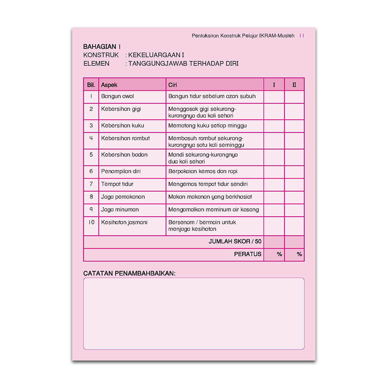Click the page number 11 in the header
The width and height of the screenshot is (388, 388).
tap(302, 36)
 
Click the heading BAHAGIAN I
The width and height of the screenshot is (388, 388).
tap(102, 47)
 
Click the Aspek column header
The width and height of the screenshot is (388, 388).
tap(109, 85)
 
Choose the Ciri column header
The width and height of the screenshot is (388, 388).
tap(173, 85)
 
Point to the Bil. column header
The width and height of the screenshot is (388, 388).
tap(91, 85)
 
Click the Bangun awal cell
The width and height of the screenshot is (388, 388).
tap(117, 96)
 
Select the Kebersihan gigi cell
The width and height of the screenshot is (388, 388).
tap(121, 109)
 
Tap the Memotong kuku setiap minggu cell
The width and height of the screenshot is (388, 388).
tap(208, 126)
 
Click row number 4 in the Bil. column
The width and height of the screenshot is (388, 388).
tap(91, 138)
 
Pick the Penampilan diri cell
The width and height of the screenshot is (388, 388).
tap(121, 171)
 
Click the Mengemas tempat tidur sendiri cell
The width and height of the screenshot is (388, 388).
tap(208, 184)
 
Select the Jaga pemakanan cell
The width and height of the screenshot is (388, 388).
tap(123, 197)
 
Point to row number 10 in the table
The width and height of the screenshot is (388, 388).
tap(91, 223)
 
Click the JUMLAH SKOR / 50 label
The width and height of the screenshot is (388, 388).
tap(235, 242)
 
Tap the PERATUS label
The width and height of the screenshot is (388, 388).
tap(248, 254)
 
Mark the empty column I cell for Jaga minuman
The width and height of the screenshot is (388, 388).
tap(274, 210)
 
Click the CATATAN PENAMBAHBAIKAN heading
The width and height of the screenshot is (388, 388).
tap(129, 273)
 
